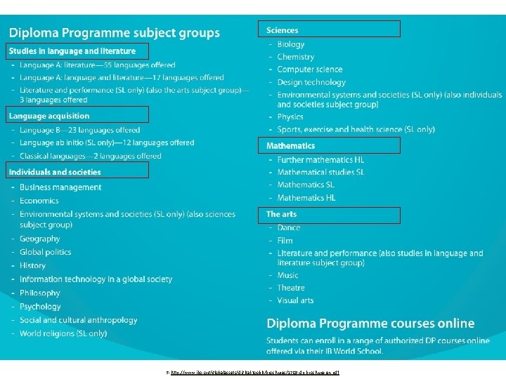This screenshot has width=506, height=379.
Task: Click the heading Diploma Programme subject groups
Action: (x=114, y=33)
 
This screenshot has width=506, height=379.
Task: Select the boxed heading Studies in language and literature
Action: (x=72, y=51)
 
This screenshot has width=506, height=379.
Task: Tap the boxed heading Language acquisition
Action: (x=49, y=116)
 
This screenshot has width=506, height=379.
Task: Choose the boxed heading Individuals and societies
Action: (x=55, y=172)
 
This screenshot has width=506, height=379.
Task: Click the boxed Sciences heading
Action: (x=283, y=30)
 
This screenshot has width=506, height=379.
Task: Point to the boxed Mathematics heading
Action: (x=290, y=146)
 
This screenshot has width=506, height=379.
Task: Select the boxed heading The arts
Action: (x=281, y=214)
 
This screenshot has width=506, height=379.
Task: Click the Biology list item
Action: (x=291, y=44)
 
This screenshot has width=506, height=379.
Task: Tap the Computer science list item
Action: (x=310, y=69)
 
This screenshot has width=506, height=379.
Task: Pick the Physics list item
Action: (x=290, y=117)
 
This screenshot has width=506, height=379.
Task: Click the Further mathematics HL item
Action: (x=320, y=159)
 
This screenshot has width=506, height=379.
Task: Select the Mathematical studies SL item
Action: (x=320, y=172)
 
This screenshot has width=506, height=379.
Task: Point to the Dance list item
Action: (x=289, y=227)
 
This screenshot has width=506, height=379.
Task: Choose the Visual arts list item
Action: (x=295, y=300)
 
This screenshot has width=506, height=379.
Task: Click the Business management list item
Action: (x=60, y=187)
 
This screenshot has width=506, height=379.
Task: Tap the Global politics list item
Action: (x=46, y=252)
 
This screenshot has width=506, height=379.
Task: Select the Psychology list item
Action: (x=40, y=307)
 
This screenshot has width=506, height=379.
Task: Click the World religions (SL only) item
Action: (x=63, y=333)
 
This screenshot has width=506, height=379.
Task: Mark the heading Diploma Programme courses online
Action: (x=370, y=324)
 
